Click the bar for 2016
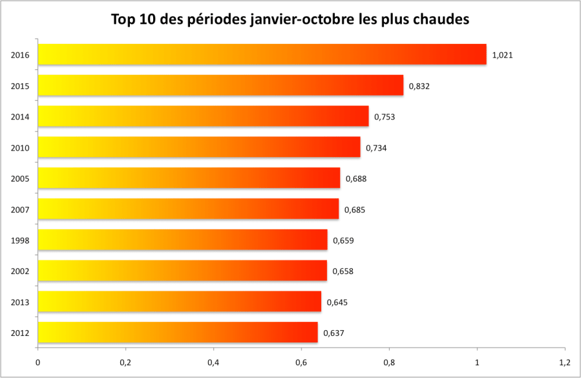click(x=262, y=54)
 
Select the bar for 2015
click(x=220, y=85)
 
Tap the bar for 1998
click(x=182, y=240)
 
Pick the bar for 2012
click(x=178, y=333)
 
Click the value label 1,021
click(x=502, y=55)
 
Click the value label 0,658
click(x=343, y=271)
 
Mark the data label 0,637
click(x=333, y=333)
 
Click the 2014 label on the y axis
click(x=19, y=117)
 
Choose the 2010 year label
click(x=19, y=148)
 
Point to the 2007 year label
click(x=19, y=209)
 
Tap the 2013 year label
click(x=19, y=302)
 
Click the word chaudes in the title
click(x=437, y=19)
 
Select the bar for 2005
click(x=189, y=178)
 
